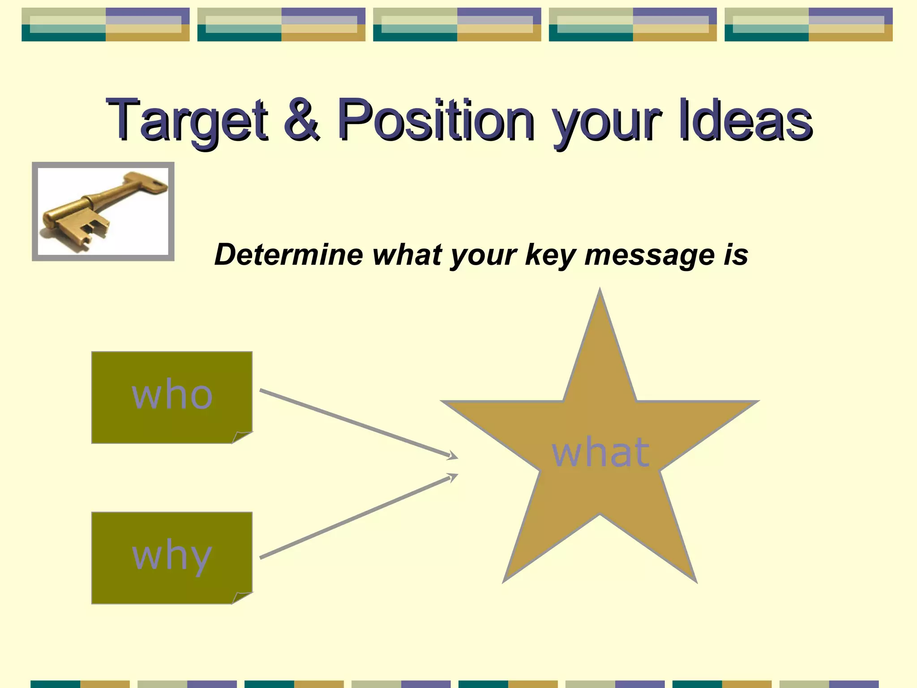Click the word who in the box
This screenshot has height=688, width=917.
[172, 395]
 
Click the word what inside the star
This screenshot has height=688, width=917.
[600, 452]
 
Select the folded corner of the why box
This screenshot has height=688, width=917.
[242, 598]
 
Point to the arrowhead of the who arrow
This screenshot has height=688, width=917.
[453, 456]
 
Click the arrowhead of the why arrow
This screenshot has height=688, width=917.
[453, 477]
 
